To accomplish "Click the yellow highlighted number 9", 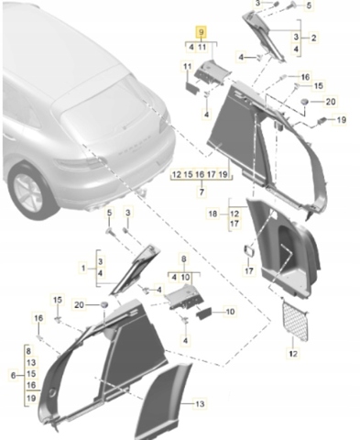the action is (202, 32).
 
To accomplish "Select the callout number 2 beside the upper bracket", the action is (313, 38).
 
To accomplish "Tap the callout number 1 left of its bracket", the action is (83, 269).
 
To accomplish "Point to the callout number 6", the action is (13, 375).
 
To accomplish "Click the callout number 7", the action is (202, 192).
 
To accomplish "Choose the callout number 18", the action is (213, 214).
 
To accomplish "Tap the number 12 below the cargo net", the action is (293, 354).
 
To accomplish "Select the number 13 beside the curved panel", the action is (200, 404).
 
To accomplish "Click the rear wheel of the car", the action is (30, 191).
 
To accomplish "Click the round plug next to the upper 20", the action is (304, 102).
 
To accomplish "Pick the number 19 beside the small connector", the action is (341, 119).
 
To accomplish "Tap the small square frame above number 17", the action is (248, 251).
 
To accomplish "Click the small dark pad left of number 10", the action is (203, 313).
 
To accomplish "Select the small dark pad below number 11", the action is (192, 86).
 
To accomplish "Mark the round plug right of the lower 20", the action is (104, 304).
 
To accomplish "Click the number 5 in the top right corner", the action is (309, 5).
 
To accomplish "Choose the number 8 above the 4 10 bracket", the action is (183, 259).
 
